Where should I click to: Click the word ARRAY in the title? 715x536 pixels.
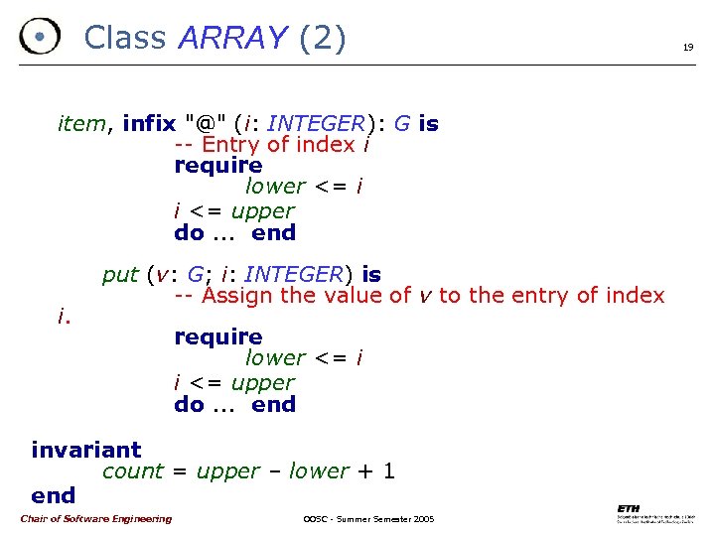pos(232,38)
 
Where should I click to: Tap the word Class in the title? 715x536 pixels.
pos(124,38)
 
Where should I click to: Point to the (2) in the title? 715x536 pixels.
pos(322,38)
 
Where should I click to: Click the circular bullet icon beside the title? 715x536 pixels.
pos(39,38)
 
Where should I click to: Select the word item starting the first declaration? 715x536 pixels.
pos(81,124)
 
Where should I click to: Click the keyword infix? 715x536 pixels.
pos(149,124)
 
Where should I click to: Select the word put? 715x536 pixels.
pos(120,274)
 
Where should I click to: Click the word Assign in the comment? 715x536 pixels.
pos(238,296)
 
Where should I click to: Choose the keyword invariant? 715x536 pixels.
pos(86,450)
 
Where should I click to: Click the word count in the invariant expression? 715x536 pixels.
pos(133,471)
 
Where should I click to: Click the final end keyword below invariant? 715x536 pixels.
pos(53,494)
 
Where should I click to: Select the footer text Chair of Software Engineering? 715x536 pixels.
pos(95,518)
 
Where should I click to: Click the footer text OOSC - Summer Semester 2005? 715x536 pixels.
pos(366,519)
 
